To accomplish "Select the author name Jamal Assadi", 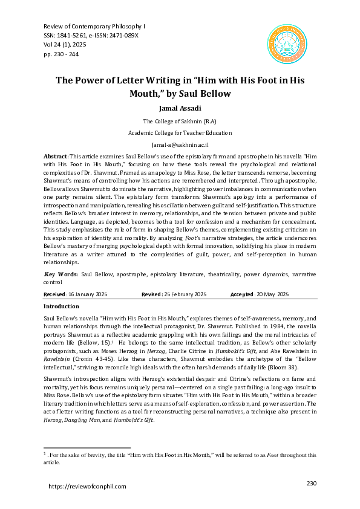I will click(180, 108).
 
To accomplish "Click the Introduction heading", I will click(61, 306).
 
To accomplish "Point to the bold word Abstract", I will click(56, 157).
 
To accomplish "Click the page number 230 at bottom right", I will click(312, 483).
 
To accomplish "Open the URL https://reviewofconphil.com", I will click(87, 486).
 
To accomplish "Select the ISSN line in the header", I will click(91, 36).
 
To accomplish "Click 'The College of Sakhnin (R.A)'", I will click(180, 121).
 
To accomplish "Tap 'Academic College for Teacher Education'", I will click(180, 132).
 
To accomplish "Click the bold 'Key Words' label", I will click(61, 274).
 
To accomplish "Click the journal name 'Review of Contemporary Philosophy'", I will click(94, 27).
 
